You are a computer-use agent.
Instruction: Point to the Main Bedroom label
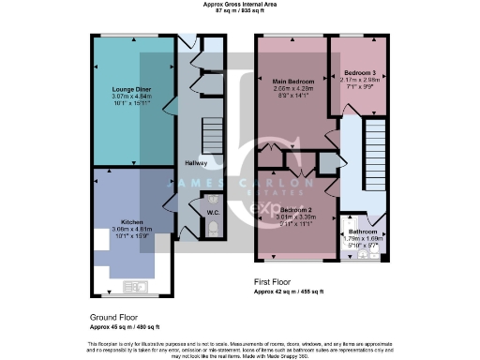point(293,81)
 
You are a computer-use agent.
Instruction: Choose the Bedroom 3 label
point(359,73)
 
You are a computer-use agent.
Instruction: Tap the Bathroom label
point(363,232)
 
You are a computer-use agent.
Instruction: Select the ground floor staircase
point(214,126)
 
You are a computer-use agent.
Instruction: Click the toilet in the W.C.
point(214,228)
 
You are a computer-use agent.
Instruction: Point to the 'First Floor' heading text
point(278,281)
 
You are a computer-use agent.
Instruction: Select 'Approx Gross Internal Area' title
point(239,4)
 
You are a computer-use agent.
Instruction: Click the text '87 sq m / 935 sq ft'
point(239,11)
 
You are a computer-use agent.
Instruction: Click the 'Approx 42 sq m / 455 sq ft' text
point(290,292)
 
